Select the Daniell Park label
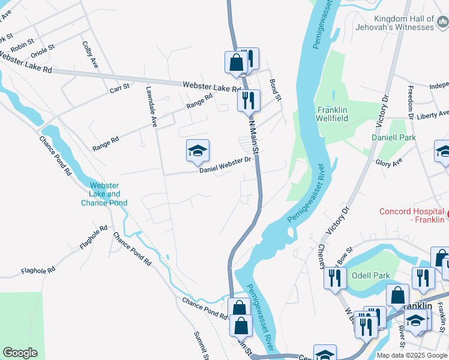(411, 137)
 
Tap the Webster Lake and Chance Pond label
(104, 194)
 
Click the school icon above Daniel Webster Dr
(197, 151)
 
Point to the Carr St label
(119, 88)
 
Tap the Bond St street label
(276, 89)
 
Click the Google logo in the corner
(20, 353)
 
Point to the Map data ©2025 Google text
(412, 355)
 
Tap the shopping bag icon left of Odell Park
(398, 295)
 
